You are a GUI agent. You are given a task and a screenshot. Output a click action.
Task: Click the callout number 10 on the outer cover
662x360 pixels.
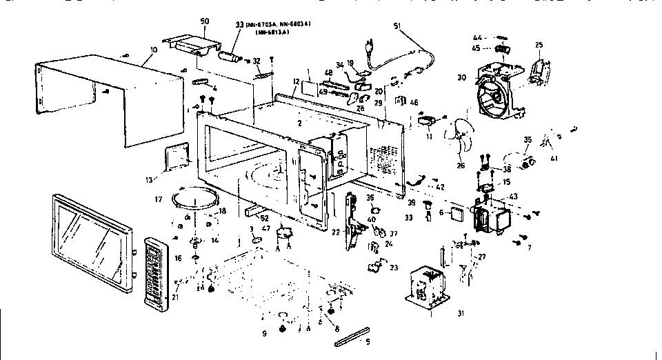(152, 51)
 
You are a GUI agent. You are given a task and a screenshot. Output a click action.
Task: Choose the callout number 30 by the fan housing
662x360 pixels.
(461, 77)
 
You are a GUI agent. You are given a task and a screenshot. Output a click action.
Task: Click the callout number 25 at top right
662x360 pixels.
(540, 46)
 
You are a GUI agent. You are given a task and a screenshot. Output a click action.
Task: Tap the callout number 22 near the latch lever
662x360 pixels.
(336, 232)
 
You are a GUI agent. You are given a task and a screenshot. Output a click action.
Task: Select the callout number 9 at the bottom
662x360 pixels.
(265, 334)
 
